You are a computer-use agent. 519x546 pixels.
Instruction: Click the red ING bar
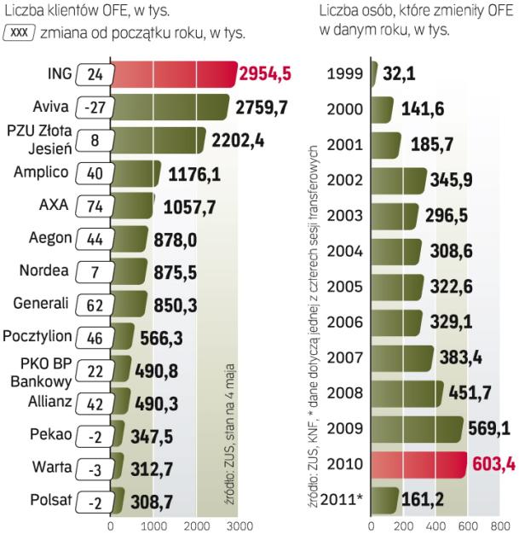click(170, 74)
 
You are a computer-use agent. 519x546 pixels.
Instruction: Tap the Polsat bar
click(118, 500)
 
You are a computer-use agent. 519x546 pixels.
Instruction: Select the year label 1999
click(346, 74)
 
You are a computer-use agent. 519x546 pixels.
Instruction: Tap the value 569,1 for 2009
click(491, 427)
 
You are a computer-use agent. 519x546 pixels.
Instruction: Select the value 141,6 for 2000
click(422, 110)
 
